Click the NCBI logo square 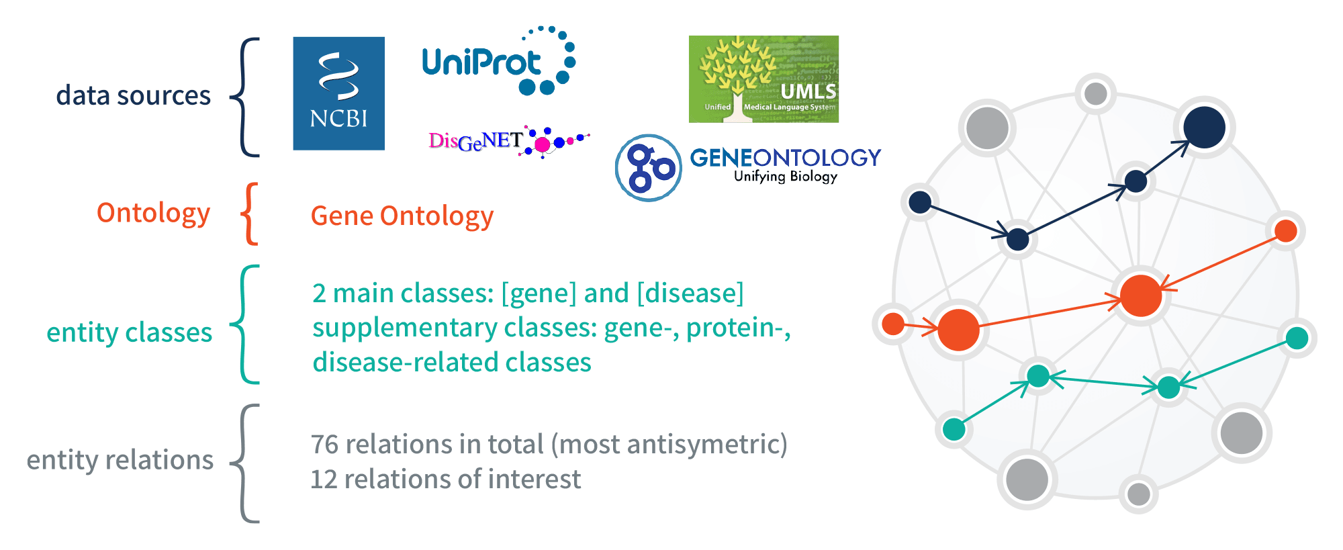point(339,93)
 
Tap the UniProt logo point(499,61)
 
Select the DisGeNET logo point(508,141)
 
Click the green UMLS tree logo point(763,79)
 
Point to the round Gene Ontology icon point(649,168)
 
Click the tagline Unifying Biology point(786,176)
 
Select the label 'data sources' point(133,95)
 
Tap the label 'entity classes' point(129,332)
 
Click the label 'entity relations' point(120,460)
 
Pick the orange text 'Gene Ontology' point(402,216)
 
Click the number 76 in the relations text point(324,445)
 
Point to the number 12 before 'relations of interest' point(324,479)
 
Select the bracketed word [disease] point(690,293)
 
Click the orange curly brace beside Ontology point(249,214)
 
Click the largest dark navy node point(1205,127)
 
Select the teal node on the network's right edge point(1297,338)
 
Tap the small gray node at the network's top point(1096,93)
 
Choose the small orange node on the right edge point(1285,231)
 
